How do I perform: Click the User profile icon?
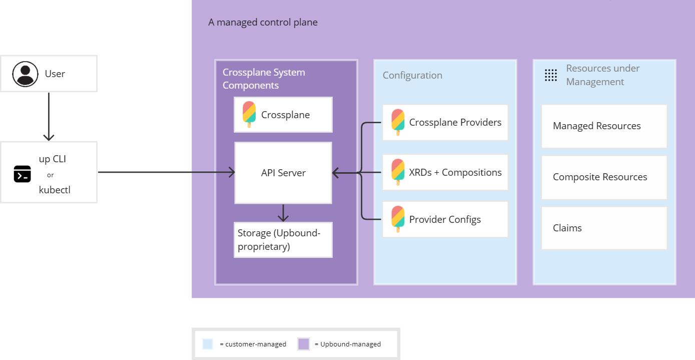tap(25, 74)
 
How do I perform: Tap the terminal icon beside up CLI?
tap(22, 174)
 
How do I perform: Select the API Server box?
tap(283, 173)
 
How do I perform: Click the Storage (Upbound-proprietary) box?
tap(283, 240)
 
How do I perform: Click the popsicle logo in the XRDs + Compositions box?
tap(398, 172)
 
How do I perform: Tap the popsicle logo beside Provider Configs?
tap(398, 219)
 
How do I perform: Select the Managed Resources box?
tap(604, 126)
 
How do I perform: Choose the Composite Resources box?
tap(604, 177)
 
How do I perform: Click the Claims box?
tap(604, 228)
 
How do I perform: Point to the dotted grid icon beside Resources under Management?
tap(551, 75)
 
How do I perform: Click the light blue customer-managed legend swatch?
tap(208, 344)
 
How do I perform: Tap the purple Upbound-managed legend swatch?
tap(304, 344)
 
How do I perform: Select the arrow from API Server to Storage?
tap(283, 213)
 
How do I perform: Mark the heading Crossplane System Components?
tap(264, 79)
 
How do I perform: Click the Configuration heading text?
tap(412, 76)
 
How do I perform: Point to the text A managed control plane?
tap(263, 23)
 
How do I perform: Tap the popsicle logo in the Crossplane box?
tap(249, 115)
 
